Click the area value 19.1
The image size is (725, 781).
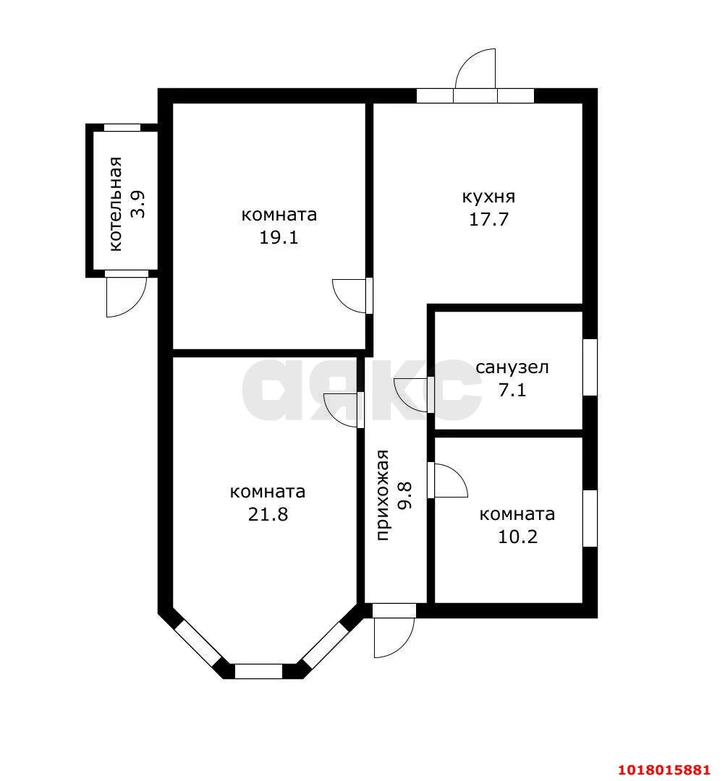pos(279,238)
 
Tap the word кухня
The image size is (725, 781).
pos(489,197)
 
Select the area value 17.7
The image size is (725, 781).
pos(489,220)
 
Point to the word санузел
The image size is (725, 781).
pos(512,367)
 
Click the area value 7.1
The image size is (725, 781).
pos(512,390)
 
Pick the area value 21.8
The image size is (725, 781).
pos(268,514)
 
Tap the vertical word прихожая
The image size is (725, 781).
pos(382,495)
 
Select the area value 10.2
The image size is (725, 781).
pos(518,537)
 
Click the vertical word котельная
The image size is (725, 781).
pos(115,204)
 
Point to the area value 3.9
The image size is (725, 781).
pos(137,204)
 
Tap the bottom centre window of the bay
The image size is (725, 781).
pos(258,671)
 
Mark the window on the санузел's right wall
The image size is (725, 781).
pos(590,367)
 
